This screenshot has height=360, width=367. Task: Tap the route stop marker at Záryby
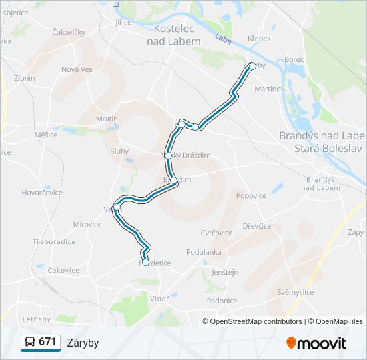(252, 66)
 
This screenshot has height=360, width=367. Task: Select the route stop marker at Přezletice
(145, 262)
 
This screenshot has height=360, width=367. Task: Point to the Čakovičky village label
(70, 31)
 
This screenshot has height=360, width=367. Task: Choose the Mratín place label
(107, 119)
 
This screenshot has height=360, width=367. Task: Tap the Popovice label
(251, 196)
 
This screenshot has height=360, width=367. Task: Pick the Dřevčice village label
(257, 226)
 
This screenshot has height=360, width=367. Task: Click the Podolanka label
(204, 252)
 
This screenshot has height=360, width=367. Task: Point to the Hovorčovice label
(42, 193)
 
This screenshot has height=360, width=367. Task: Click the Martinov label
(270, 89)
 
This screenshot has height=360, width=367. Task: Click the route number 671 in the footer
(47, 342)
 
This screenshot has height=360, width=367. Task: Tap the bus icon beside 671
(30, 343)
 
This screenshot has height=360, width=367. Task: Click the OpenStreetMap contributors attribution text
(252, 321)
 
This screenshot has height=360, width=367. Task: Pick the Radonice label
(222, 301)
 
